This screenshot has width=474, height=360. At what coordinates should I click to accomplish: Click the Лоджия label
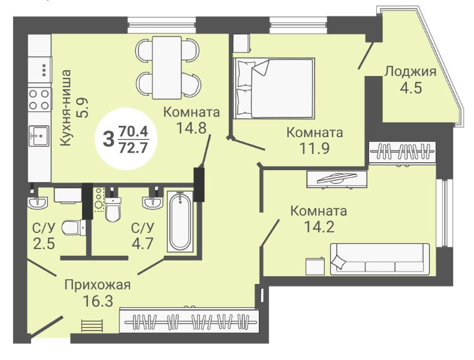410,72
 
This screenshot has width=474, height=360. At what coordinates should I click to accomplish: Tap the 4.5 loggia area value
410,88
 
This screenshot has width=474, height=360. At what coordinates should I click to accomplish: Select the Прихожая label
98,285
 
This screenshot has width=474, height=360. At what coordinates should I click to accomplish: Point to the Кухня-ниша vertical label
65,108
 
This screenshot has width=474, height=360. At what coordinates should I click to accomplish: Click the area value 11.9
315,148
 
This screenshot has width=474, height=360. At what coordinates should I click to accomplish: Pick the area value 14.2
319,226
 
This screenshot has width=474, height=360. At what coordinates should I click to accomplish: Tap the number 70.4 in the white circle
133,132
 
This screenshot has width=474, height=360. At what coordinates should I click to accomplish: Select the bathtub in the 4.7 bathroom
180,221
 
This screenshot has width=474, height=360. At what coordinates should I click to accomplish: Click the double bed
274,88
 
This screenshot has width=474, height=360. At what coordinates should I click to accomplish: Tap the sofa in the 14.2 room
380,259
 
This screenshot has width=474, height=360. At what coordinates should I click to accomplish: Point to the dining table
167,68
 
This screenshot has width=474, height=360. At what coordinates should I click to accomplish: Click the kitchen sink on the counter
39,136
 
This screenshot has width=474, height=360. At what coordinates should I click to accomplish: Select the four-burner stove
39,99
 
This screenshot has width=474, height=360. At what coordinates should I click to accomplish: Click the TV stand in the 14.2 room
337,179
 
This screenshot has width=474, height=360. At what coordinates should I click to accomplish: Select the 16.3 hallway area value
98,301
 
